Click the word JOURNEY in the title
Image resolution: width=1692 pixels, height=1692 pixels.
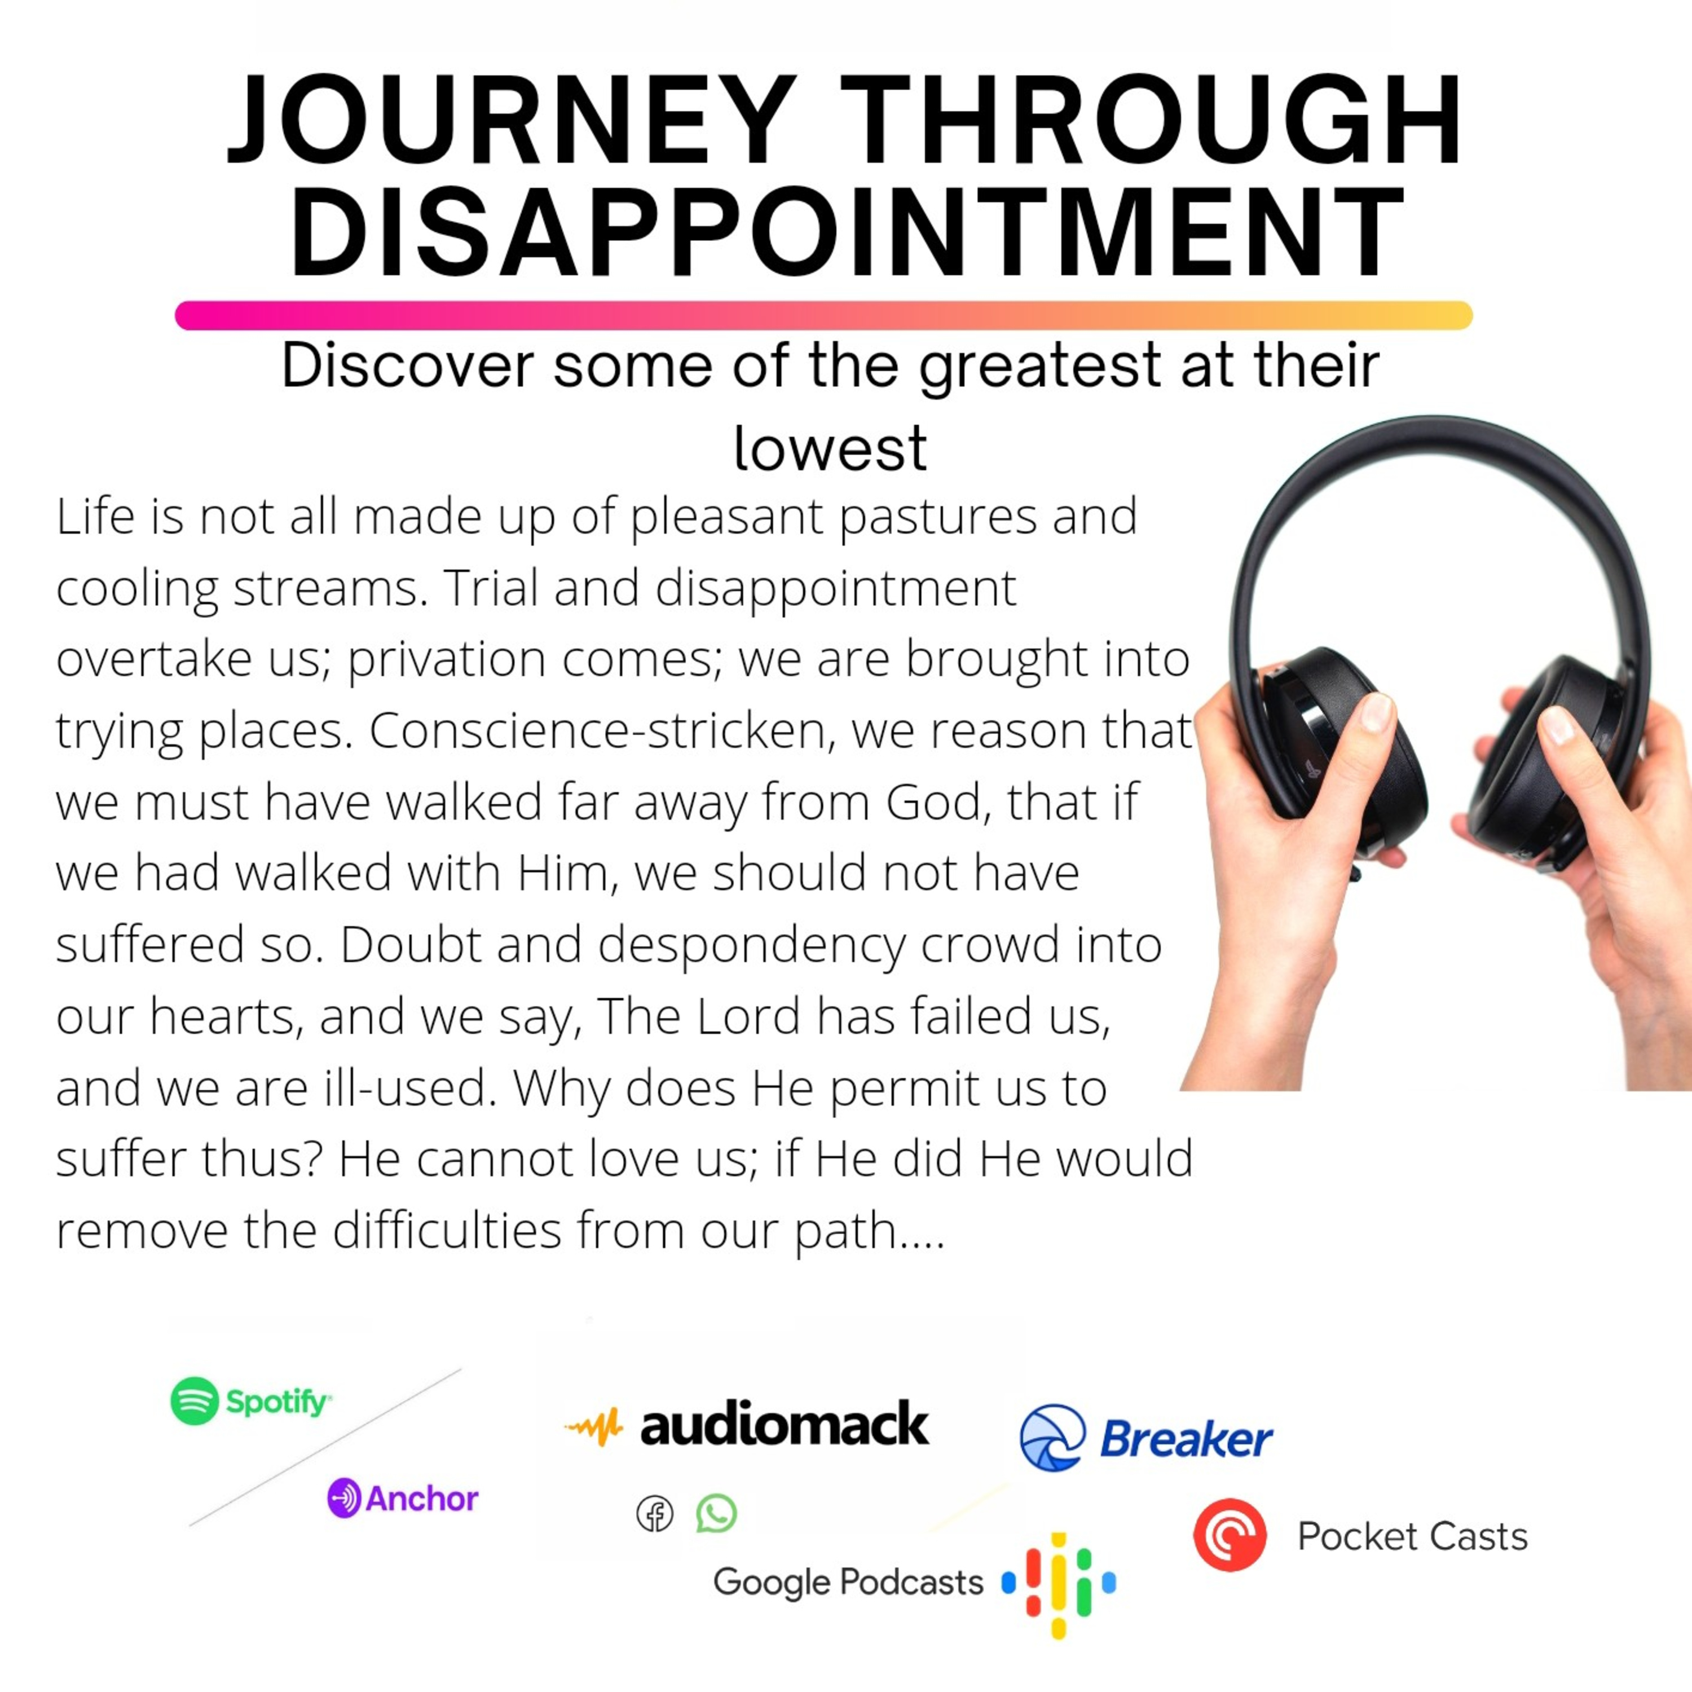coord(510,120)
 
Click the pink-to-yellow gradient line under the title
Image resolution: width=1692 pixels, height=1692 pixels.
coord(823,315)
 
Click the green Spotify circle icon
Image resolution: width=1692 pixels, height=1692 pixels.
coord(195,1401)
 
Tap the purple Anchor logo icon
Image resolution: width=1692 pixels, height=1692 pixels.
coord(344,1499)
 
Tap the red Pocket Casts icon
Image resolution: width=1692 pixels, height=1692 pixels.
coord(1230,1534)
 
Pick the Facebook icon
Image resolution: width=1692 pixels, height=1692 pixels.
coord(655,1514)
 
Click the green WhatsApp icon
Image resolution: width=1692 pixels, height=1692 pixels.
coord(716,1513)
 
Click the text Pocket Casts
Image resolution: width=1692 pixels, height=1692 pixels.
coord(1412,1536)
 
